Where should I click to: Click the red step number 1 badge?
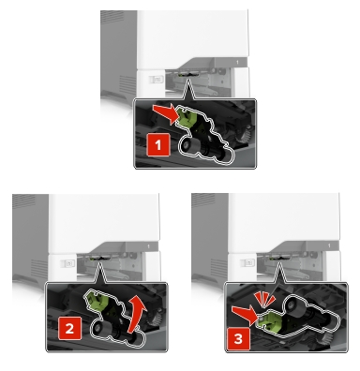click(158, 145)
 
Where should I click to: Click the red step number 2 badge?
click(69, 329)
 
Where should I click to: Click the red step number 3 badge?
click(238, 339)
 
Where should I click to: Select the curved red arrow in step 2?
click(138, 318)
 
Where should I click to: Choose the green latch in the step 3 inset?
click(269, 321)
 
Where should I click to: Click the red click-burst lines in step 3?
click(264, 299)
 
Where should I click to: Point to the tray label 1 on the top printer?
click(237, 63)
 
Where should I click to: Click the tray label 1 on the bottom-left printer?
click(148, 246)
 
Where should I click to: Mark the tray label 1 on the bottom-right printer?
click(329, 246)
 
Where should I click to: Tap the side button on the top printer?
click(156, 80)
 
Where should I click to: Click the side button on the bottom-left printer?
click(67, 263)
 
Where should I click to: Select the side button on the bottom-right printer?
click(247, 262)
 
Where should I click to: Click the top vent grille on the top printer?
click(112, 18)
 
